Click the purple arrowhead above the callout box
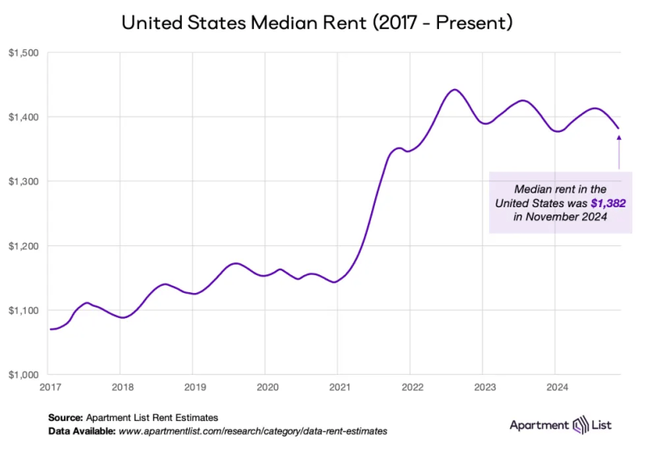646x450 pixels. pos(619,138)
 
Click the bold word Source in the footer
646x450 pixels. pos(65,418)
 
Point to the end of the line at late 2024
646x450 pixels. pos(619,128)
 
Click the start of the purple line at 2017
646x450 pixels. pos(50,329)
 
